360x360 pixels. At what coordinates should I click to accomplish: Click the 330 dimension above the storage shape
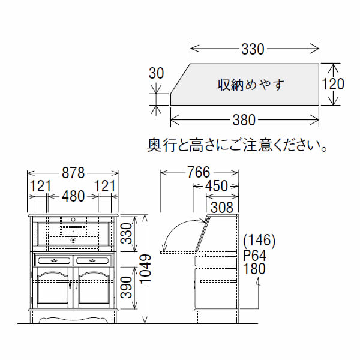253,49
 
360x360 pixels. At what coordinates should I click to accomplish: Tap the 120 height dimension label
333,84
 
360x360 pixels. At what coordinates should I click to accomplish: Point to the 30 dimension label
155,73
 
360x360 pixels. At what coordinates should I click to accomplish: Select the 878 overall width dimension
73,173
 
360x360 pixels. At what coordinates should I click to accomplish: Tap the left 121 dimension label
40,187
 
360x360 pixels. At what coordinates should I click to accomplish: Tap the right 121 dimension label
105,187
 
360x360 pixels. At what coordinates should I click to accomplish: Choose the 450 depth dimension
217,187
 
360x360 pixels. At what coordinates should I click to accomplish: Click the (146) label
259,241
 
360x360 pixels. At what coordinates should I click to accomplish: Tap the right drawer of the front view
94,260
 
